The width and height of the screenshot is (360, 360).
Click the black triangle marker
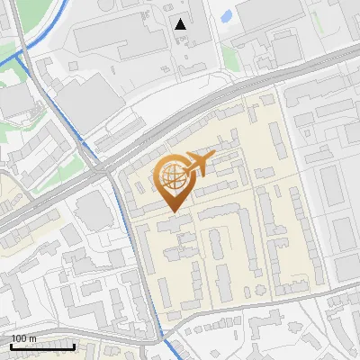pos(182,24)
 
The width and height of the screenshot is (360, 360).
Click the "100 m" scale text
pos(23,338)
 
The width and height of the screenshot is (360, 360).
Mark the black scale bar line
pos(42,346)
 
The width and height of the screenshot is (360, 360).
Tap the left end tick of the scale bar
pos(11,345)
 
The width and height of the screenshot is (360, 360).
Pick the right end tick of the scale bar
pos(74,345)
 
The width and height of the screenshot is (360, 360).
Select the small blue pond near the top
pos(225,15)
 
